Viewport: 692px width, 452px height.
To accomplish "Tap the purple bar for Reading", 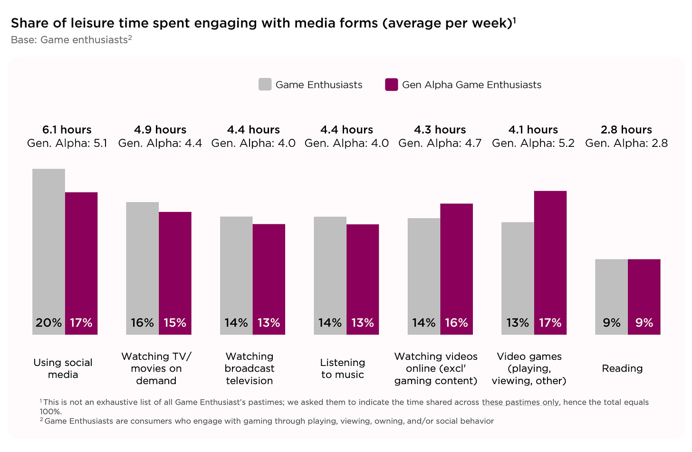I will coord(644,290).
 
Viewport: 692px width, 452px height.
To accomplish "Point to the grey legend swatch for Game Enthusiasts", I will coord(265,85).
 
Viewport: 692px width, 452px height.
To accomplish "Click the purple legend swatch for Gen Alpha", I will coord(391,85).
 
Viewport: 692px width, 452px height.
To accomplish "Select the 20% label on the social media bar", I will coord(48,323).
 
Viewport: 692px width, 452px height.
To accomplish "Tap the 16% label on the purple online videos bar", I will coord(456,323).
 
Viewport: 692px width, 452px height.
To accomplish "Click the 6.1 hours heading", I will coord(67,130).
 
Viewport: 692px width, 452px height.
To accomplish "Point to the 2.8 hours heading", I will coord(626,130).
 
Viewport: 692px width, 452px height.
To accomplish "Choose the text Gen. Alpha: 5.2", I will coord(533,143).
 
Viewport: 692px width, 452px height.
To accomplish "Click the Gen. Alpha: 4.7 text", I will coord(440,143).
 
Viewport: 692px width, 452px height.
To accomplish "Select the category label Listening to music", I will coord(343,368).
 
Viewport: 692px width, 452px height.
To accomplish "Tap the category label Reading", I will coord(622,368).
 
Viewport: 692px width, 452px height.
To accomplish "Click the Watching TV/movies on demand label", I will coord(156,368).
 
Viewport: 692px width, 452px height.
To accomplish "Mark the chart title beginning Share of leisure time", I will coord(261,23).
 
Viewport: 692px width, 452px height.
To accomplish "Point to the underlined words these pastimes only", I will coord(520,402).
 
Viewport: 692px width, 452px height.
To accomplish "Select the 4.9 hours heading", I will coord(160,130).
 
